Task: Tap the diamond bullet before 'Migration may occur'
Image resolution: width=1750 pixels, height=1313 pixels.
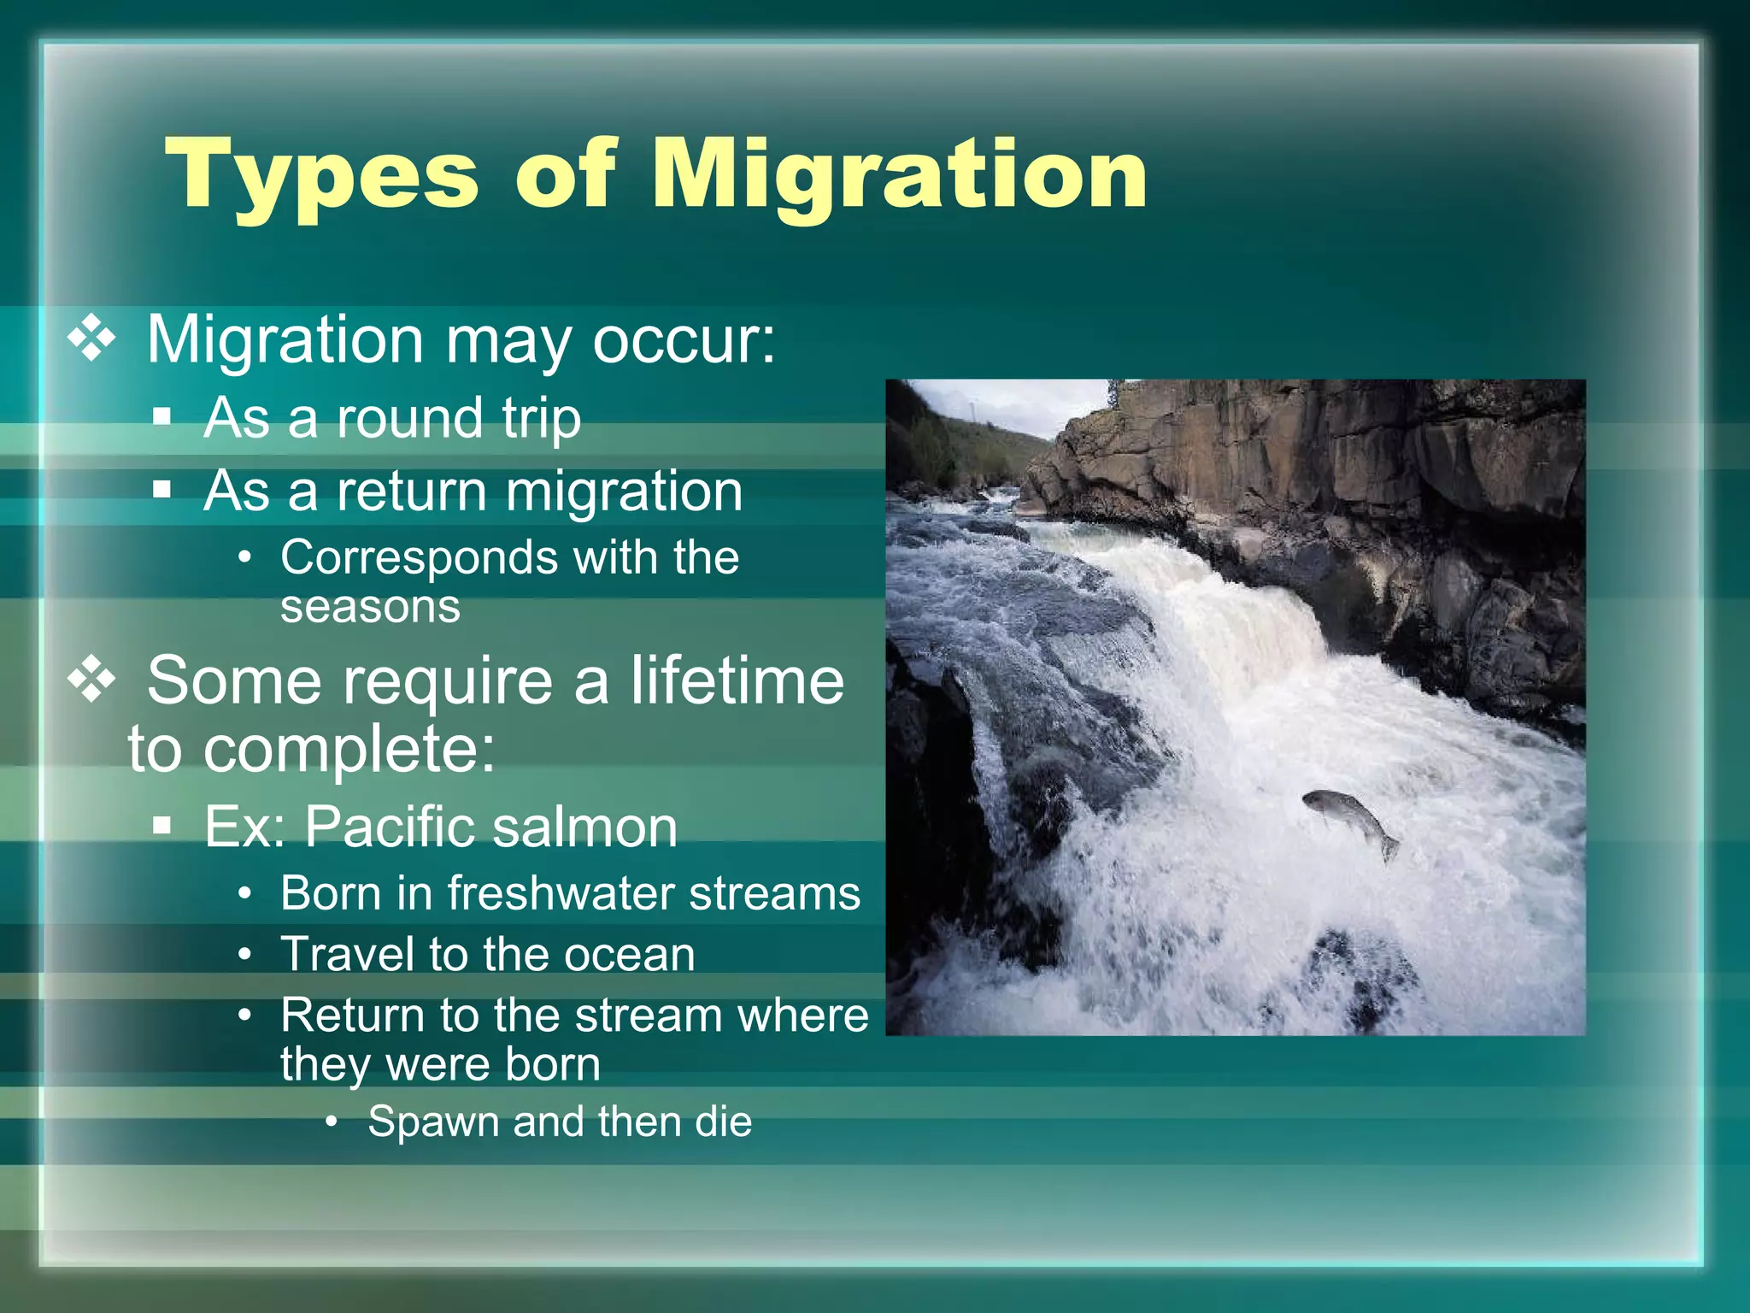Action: tap(92, 339)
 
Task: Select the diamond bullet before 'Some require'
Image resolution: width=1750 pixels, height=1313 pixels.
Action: tap(92, 680)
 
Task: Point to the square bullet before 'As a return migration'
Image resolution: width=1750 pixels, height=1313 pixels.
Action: tap(162, 491)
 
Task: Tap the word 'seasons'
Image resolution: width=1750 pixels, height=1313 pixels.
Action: tap(370, 607)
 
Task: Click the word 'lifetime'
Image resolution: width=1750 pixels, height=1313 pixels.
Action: tap(737, 680)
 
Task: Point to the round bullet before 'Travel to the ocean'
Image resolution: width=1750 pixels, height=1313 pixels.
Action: tap(245, 955)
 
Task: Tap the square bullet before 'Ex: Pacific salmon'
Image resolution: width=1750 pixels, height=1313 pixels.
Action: tap(162, 827)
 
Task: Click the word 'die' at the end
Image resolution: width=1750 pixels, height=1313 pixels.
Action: tap(723, 1122)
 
